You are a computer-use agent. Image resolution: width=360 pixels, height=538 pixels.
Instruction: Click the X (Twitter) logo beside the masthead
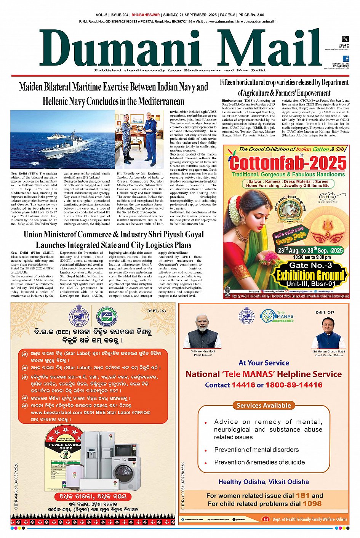pyautogui.click(x=345, y=39)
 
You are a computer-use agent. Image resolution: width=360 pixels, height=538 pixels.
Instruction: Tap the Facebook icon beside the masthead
pyautogui.click(x=346, y=58)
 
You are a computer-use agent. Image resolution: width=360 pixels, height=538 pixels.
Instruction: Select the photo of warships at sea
pyautogui.click(x=62, y=139)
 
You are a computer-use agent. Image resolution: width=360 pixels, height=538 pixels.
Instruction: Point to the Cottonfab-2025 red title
pyautogui.click(x=288, y=163)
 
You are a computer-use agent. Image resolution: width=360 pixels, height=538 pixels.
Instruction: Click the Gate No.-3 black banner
pyautogui.click(x=310, y=265)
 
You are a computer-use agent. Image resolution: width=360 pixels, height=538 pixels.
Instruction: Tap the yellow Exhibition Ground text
pyautogui.click(x=310, y=275)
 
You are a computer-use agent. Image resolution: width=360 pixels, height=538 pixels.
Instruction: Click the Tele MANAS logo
pyautogui.click(x=277, y=316)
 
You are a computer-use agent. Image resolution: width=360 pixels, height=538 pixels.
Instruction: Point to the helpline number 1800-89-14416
pyautogui.click(x=294, y=385)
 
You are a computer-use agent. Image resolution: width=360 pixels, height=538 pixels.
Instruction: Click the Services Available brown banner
pyautogui.click(x=264, y=405)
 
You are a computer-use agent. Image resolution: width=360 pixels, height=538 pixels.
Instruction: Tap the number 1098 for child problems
pyautogui.click(x=312, y=504)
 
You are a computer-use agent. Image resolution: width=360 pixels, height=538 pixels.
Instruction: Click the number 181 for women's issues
pyautogui.click(x=302, y=495)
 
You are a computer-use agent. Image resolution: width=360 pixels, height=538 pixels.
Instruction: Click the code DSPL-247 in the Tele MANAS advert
pyautogui.click(x=325, y=312)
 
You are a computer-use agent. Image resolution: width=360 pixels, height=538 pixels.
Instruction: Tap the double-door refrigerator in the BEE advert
pyautogui.click(x=98, y=457)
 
